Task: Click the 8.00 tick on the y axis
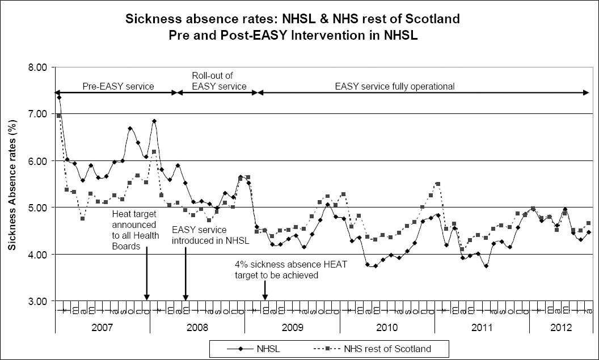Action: (x=39, y=67)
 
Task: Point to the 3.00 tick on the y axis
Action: (x=39, y=300)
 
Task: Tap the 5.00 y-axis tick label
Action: (x=39, y=207)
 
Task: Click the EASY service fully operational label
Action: (x=395, y=87)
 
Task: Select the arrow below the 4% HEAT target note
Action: (x=265, y=290)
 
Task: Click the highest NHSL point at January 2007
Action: (x=58, y=98)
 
